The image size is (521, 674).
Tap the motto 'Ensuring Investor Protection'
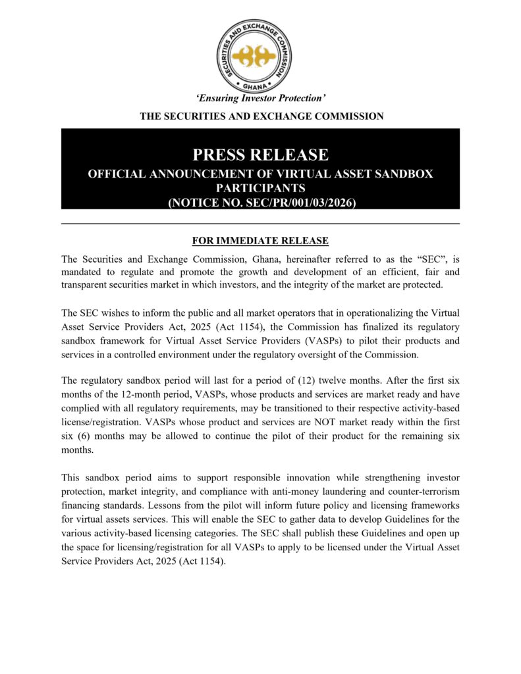coord(261,99)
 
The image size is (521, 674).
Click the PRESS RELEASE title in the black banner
coord(260,155)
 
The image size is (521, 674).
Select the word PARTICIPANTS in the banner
coord(260,188)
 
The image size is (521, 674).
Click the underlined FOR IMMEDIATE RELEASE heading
coord(260,241)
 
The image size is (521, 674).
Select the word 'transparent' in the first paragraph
coord(88,284)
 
